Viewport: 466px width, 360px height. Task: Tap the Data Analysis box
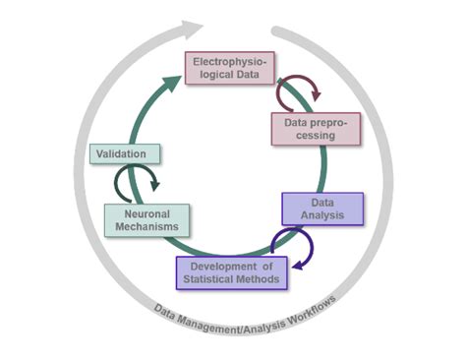click(x=322, y=208)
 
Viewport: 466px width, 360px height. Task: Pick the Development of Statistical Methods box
click(x=232, y=272)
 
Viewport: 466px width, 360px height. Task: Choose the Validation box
click(x=124, y=153)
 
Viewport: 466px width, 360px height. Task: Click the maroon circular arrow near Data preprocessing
click(x=296, y=93)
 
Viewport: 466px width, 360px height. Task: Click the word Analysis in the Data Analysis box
click(x=322, y=214)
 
